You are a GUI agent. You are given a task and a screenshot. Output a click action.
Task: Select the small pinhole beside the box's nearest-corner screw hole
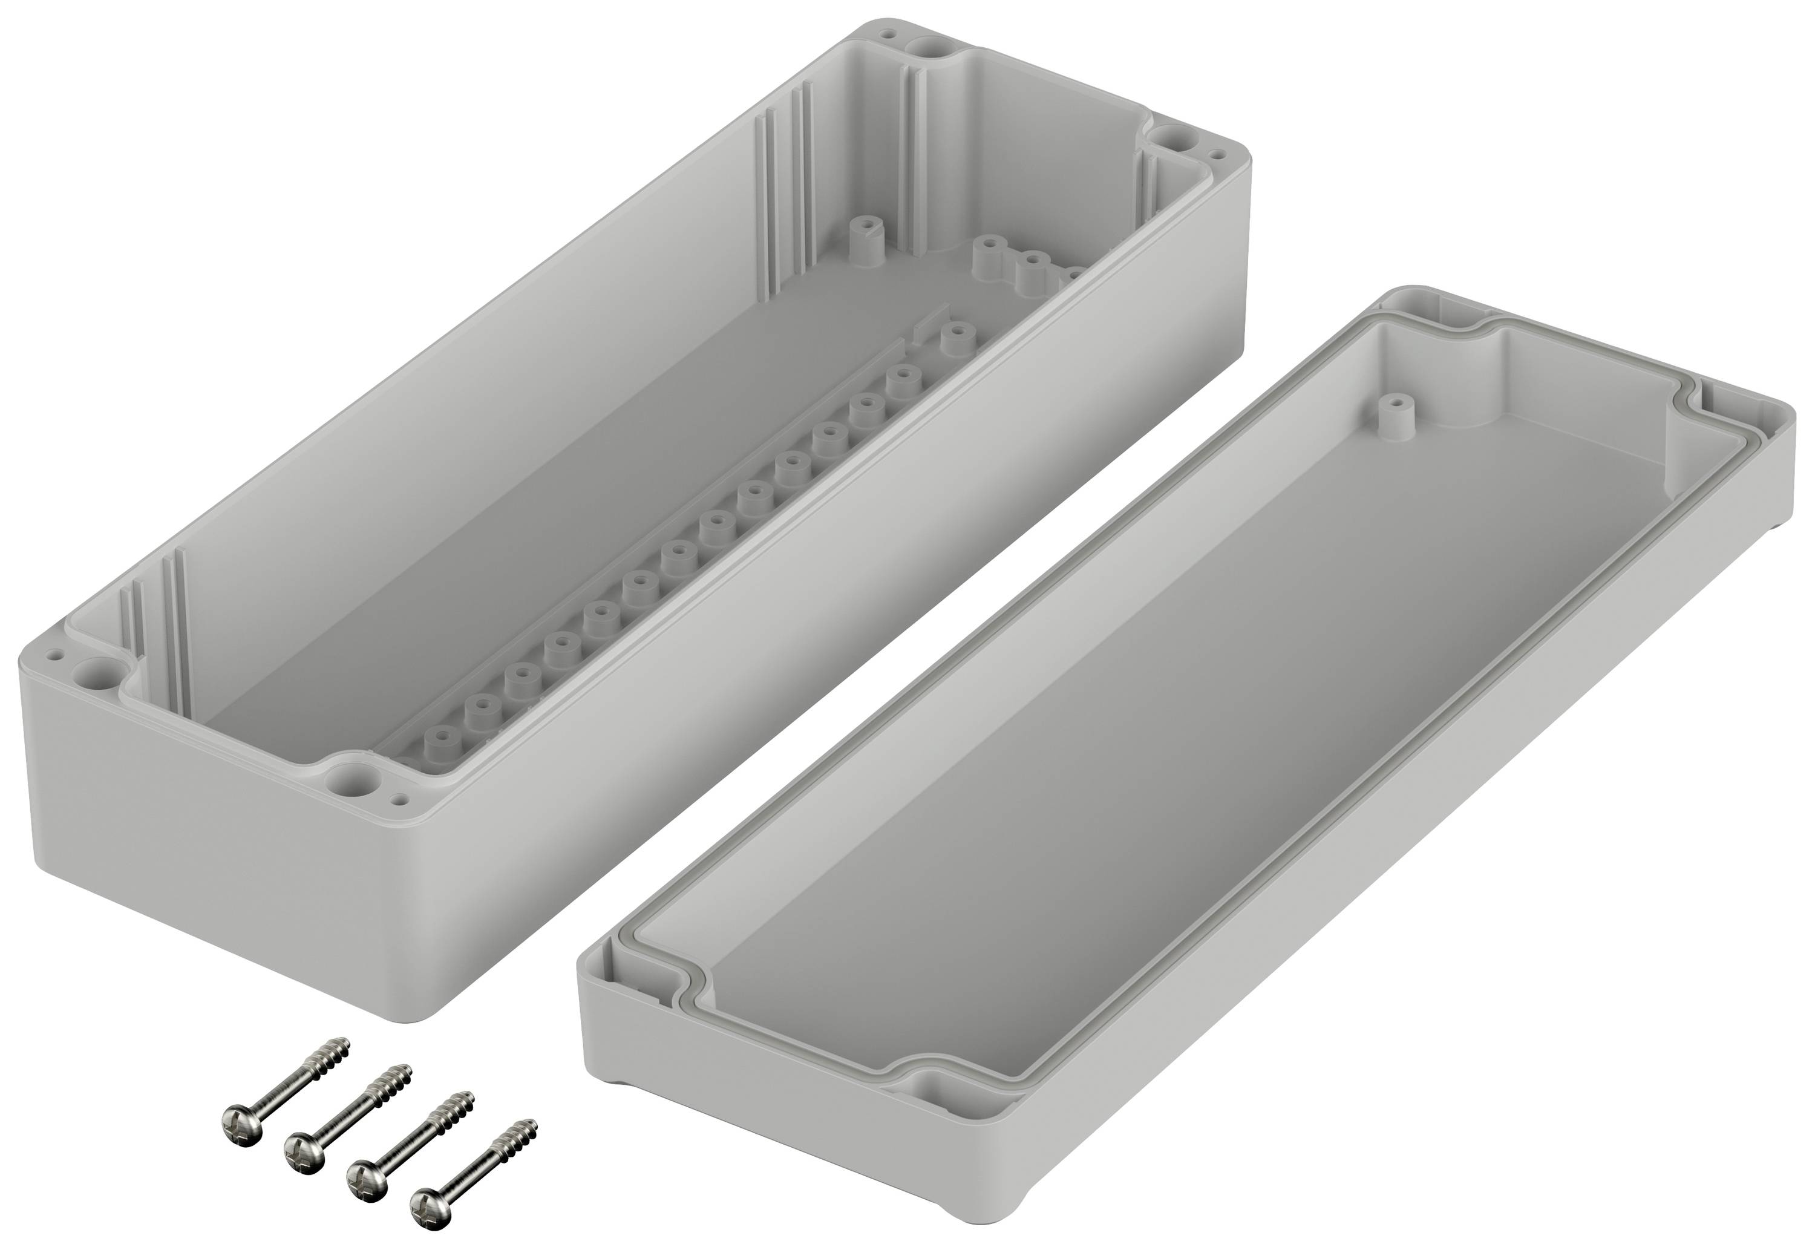click(x=401, y=800)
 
